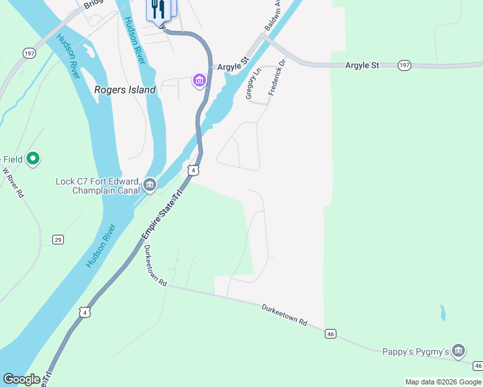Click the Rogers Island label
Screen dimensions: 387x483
(x=125, y=90)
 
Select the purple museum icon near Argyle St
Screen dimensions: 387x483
(x=199, y=81)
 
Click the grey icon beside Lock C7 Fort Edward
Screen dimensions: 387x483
(x=150, y=186)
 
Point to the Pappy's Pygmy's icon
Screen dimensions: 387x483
(x=458, y=350)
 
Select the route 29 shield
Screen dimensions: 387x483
(x=58, y=240)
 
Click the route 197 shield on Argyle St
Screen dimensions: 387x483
(x=404, y=65)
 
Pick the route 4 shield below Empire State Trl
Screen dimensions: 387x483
(x=84, y=312)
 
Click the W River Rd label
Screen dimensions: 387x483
(x=12, y=183)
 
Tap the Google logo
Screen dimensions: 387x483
(x=21, y=379)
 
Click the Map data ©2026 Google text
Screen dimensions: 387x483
(x=443, y=382)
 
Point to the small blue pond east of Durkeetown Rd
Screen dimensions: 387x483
(x=442, y=313)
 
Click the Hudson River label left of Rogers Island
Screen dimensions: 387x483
(x=67, y=56)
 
